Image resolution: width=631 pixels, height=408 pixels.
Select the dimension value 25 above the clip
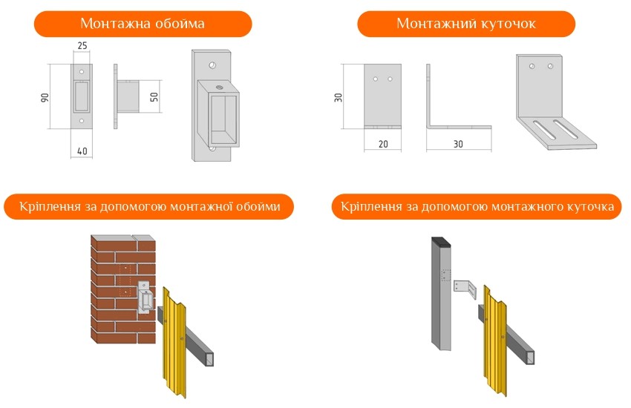(x=82, y=45)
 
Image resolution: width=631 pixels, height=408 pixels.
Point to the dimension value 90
(x=45, y=97)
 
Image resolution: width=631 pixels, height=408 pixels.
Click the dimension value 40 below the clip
(x=82, y=151)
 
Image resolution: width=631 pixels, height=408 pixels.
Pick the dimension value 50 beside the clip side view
(x=154, y=97)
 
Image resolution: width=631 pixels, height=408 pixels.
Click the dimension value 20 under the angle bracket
(x=383, y=144)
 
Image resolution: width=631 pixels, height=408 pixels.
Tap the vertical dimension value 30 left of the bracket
(x=338, y=97)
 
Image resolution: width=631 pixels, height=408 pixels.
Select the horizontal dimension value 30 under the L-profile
(x=458, y=144)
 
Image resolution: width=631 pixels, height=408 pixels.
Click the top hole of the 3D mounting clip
(x=212, y=65)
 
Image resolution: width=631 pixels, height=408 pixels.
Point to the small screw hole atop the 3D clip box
(x=219, y=87)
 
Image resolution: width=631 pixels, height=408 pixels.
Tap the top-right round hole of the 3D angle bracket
(x=550, y=66)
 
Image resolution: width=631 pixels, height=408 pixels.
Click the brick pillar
(x=123, y=289)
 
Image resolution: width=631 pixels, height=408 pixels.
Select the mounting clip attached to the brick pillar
(x=146, y=297)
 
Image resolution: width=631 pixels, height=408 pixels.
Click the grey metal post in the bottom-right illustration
(x=441, y=294)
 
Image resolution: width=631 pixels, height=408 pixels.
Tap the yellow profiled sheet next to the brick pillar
(x=174, y=342)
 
